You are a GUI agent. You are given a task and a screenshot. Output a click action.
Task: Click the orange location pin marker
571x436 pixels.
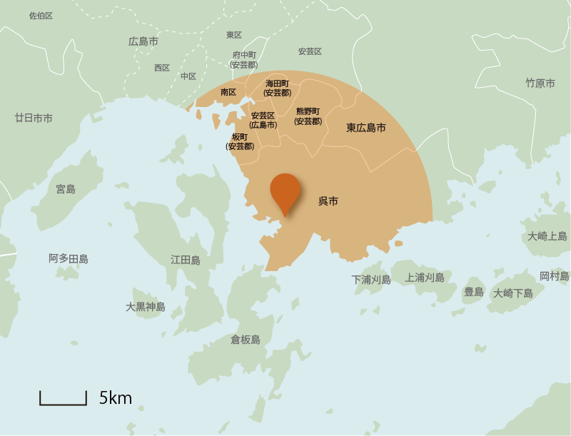285,191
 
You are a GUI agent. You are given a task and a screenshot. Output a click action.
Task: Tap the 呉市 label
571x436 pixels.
328,202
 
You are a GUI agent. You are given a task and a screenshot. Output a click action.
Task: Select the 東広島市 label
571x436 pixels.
366,128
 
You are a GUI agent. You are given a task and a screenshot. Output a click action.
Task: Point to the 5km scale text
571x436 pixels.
116,398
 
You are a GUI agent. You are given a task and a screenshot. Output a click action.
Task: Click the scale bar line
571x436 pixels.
63,403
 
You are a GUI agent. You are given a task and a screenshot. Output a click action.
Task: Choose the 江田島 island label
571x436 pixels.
186,260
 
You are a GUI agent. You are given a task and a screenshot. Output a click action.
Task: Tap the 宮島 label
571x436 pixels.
66,189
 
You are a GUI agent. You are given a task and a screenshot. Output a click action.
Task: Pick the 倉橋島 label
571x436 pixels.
246,340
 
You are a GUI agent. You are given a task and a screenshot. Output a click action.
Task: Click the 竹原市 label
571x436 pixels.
540,83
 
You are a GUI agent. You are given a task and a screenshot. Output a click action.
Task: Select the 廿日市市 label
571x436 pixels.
34,118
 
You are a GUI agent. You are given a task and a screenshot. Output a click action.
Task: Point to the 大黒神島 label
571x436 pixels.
146,307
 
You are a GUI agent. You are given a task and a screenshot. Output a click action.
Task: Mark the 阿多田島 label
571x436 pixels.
69,258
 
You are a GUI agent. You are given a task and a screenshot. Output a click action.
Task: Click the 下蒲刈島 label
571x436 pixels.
371,280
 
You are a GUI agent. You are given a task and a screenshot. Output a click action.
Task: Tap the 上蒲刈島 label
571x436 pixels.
425,278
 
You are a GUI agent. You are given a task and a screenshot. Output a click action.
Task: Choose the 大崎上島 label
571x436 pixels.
547,236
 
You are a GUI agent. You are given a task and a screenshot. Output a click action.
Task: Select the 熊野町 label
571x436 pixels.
308,111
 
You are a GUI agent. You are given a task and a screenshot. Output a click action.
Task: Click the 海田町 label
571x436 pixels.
277,83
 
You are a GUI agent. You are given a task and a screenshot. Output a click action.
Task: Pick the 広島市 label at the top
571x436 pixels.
143,41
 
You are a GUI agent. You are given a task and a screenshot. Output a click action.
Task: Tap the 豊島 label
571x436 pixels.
474,292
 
